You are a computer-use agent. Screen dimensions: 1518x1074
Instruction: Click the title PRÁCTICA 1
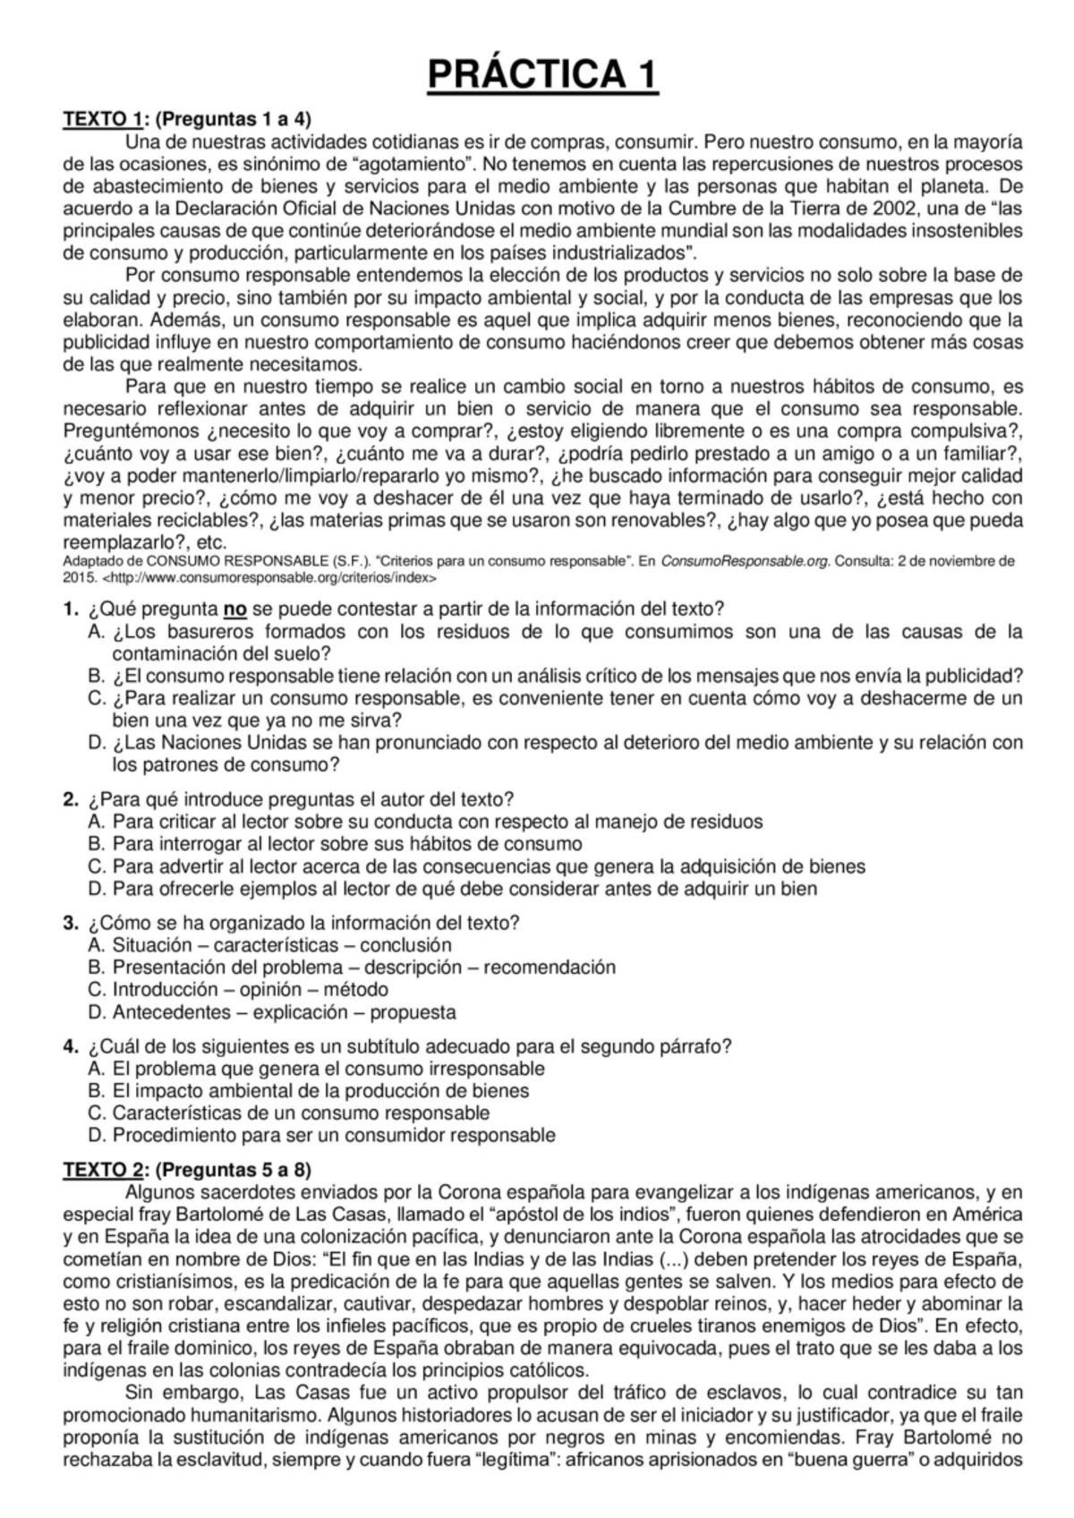pyautogui.click(x=542, y=74)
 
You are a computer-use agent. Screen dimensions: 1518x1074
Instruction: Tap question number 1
pyautogui.click(x=69, y=610)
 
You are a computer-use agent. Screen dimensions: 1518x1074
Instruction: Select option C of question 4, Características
pyautogui.click(x=300, y=1113)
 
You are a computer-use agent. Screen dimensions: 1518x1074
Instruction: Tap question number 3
pyautogui.click(x=69, y=922)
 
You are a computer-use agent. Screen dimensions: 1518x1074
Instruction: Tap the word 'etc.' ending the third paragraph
pyautogui.click(x=210, y=542)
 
